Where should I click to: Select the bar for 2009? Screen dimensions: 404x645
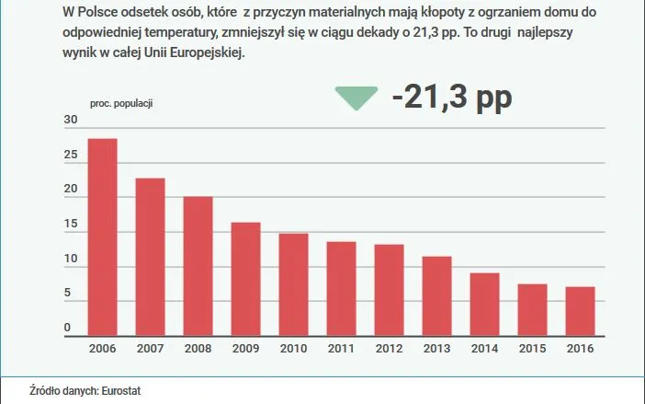245,279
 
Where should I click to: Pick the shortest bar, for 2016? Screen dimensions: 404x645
580,311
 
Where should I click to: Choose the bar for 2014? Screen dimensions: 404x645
484,305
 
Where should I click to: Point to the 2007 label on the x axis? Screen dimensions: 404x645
150,349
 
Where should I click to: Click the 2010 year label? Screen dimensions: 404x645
293,349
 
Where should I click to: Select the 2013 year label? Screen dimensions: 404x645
436,349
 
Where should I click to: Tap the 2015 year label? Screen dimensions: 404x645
532,349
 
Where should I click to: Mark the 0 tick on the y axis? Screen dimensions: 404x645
67,329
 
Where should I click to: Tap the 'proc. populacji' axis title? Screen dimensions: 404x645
120,103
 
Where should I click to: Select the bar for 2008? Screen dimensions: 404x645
198,266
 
